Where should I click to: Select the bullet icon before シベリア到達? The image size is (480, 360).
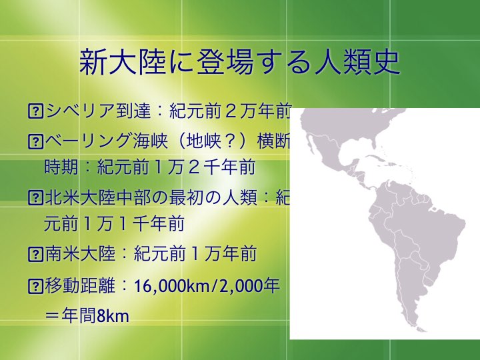tap(35, 111)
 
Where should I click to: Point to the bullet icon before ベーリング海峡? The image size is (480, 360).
tap(35, 141)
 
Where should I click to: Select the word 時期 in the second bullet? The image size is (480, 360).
tap(61, 167)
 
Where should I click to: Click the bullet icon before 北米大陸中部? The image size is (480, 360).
tap(35, 197)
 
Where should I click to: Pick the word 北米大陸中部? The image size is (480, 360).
tap(97, 197)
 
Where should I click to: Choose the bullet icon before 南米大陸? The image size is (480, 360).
tap(35, 254)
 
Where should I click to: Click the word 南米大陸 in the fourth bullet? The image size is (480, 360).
tap(80, 254)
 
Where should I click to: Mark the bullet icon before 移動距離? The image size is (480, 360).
tap(35, 285)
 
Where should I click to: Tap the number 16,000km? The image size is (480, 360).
tap(172, 286)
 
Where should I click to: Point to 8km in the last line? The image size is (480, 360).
tap(113, 316)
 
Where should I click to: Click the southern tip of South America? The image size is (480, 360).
tap(423, 330)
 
